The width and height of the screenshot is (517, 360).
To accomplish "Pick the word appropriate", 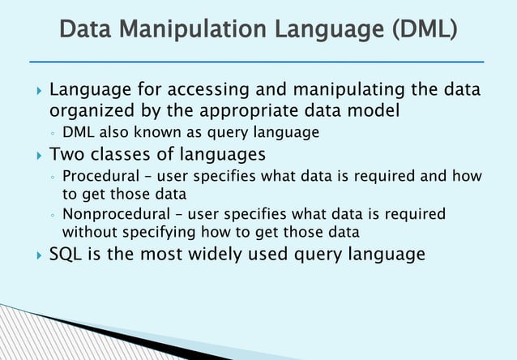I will pyautogui.click(x=246, y=109).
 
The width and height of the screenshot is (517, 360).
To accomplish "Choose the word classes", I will pyautogui.click(x=123, y=154).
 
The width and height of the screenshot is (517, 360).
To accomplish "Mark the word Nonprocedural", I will pyautogui.click(x=113, y=215).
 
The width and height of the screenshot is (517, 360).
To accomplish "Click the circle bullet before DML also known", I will pyautogui.click(x=51, y=133).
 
